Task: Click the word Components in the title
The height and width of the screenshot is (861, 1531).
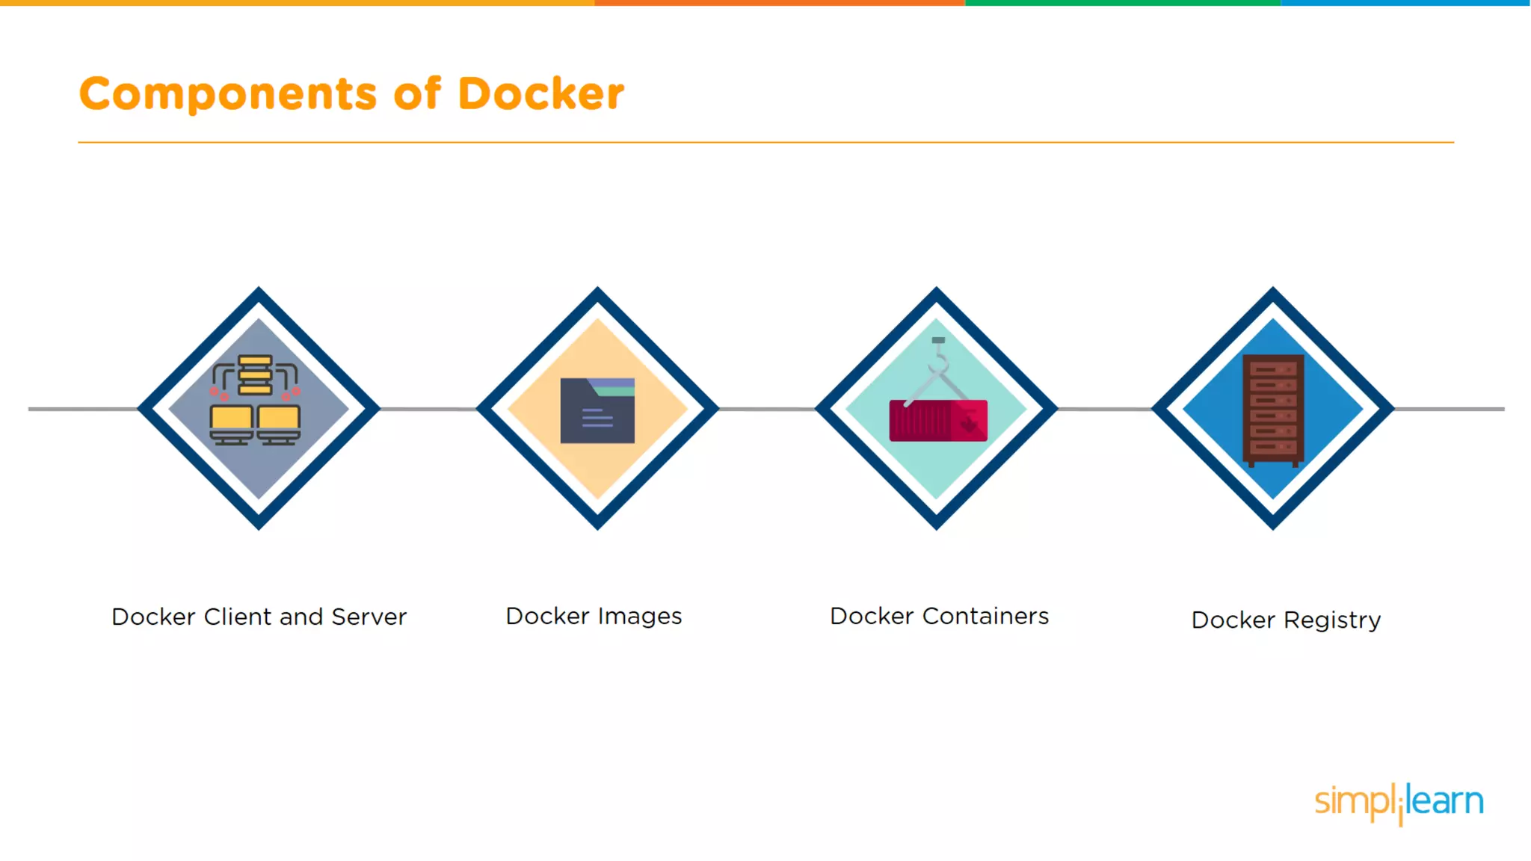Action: (x=228, y=95)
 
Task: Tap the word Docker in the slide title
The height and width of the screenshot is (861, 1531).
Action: (x=540, y=94)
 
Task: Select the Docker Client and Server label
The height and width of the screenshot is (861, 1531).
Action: (x=259, y=617)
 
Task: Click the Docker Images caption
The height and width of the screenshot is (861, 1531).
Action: (x=594, y=616)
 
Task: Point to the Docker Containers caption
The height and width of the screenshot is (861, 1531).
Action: (x=939, y=616)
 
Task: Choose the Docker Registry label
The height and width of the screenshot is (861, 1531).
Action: (x=1285, y=620)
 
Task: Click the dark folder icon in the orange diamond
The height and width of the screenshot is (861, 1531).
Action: (x=597, y=411)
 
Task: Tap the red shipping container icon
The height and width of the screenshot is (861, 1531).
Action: (x=937, y=421)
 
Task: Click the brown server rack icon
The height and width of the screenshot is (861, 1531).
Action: (x=1273, y=410)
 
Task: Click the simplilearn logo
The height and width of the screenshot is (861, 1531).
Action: (x=1398, y=802)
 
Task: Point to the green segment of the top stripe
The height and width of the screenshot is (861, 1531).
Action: (x=1121, y=3)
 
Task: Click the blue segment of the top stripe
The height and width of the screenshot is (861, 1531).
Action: (x=1405, y=3)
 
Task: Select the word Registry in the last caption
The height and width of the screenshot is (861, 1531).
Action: (x=1332, y=620)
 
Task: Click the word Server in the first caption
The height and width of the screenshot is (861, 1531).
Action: (x=369, y=617)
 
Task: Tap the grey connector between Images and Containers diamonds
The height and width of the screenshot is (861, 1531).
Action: (x=766, y=409)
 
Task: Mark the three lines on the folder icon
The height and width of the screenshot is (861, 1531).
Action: (x=597, y=418)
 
